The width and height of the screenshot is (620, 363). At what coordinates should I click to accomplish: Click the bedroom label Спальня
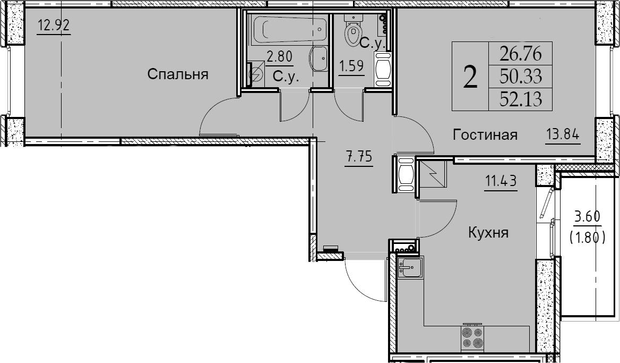177,74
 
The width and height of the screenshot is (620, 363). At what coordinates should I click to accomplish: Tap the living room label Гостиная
485,134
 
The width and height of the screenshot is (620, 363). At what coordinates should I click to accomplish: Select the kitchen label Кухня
488,233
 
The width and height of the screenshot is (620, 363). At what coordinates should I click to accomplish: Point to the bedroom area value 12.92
54,26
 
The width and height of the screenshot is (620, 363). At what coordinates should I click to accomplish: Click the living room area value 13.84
563,134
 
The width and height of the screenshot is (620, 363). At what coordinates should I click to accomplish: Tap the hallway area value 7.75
359,157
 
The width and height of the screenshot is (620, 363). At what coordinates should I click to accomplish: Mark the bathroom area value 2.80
280,57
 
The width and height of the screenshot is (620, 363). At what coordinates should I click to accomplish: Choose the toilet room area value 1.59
351,65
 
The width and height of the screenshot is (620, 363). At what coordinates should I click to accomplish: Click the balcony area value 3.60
587,217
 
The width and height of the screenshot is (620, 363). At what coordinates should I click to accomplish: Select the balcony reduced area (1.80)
587,238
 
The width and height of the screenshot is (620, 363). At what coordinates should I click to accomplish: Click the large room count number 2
470,77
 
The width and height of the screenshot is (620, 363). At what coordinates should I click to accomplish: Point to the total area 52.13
520,98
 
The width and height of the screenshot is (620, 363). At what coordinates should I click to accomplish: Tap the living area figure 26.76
520,54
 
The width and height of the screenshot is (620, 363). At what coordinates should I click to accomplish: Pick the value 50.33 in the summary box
520,76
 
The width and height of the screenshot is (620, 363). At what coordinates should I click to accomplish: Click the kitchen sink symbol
410,267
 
